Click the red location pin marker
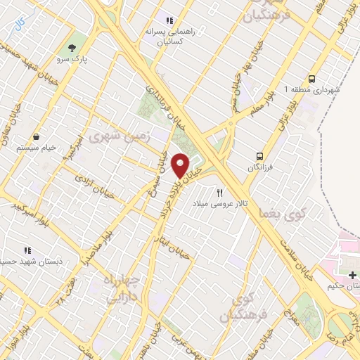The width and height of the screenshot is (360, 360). [181, 165]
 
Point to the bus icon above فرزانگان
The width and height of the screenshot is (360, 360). [260, 156]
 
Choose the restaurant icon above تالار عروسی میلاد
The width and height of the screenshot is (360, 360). [220, 192]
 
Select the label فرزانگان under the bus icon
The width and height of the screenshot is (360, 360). [260, 167]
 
